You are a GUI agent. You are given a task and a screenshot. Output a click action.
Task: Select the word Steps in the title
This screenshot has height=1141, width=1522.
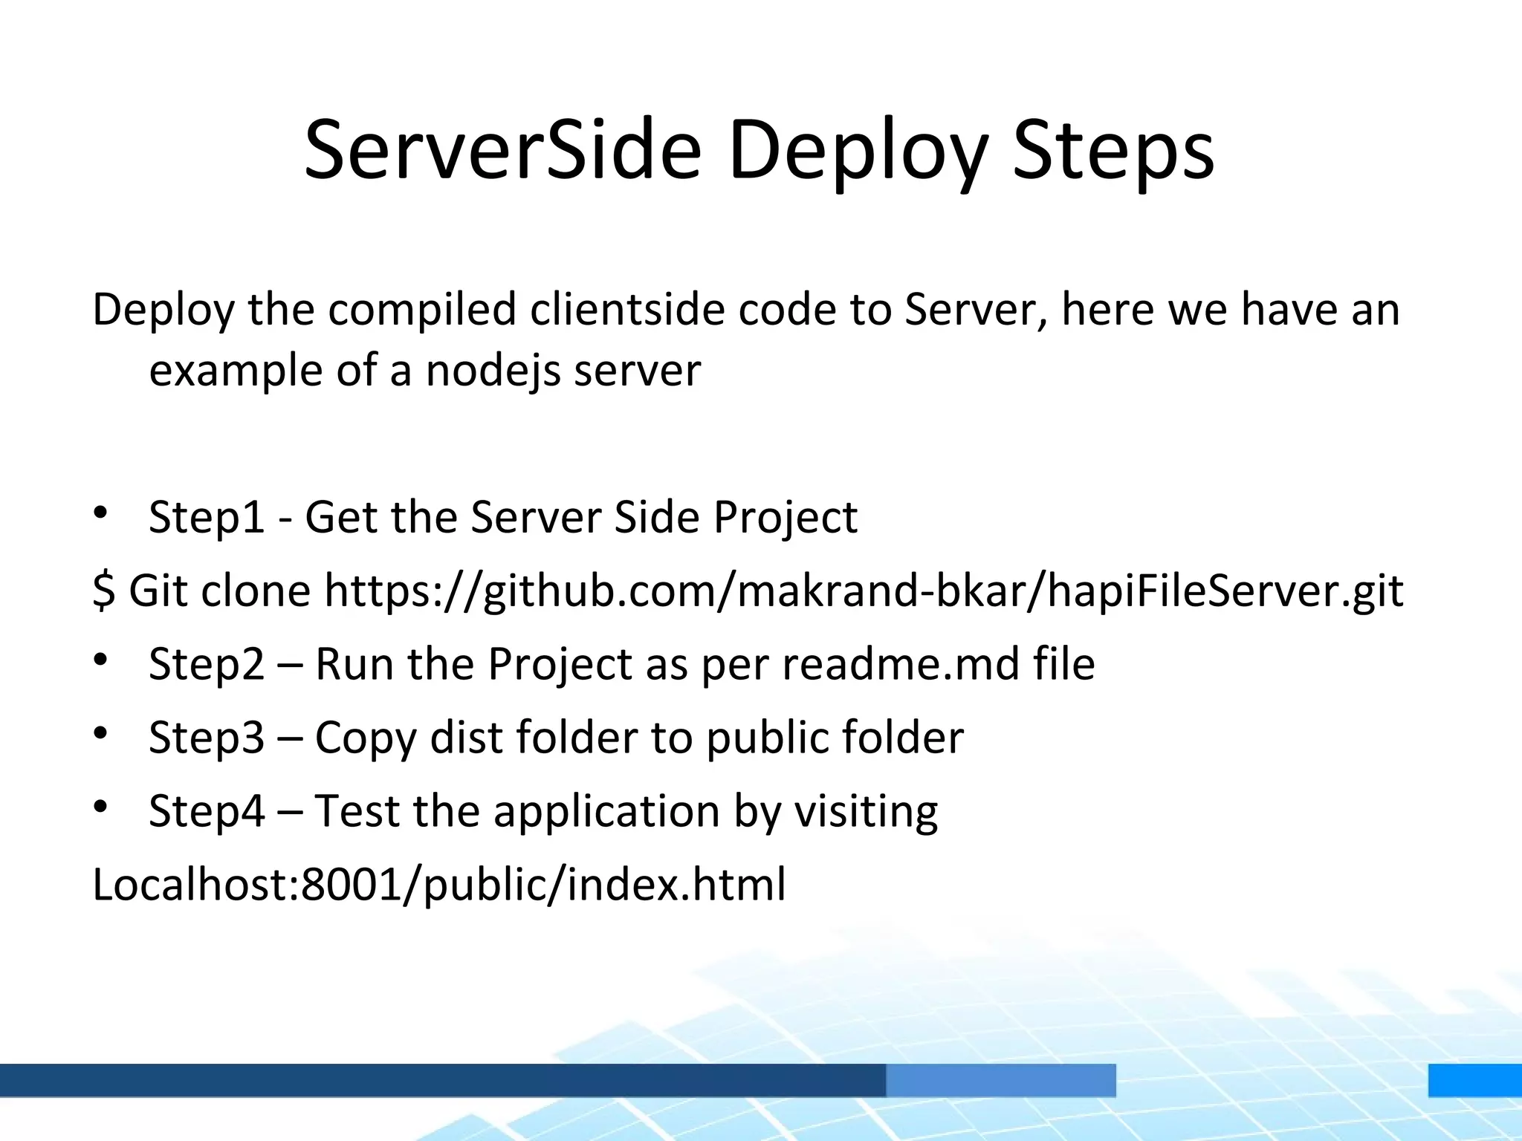pos(1113,152)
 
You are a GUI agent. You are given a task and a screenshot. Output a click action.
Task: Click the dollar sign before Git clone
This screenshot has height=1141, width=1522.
pos(103,591)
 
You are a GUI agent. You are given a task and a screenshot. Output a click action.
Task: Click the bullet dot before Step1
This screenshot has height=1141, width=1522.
pos(101,513)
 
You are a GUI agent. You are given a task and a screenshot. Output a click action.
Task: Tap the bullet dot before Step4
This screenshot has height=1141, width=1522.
pos(101,806)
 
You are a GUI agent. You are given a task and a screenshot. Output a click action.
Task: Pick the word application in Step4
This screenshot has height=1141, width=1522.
pos(606,812)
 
